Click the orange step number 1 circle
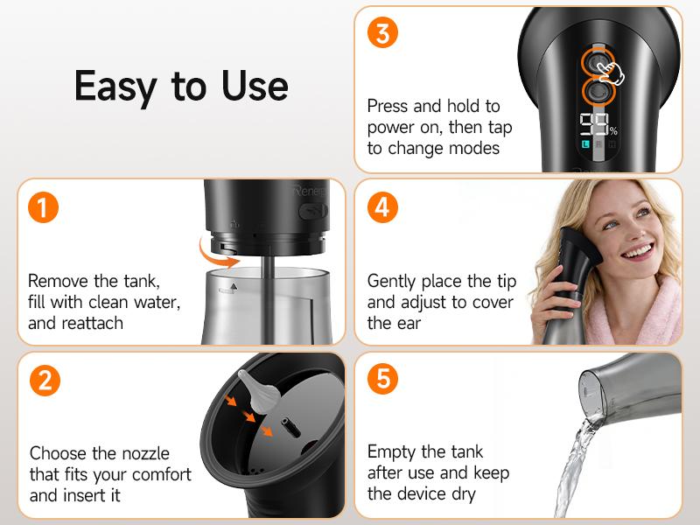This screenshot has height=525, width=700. point(44,208)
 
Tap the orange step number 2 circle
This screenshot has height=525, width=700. point(44,381)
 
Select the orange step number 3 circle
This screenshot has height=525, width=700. point(382,33)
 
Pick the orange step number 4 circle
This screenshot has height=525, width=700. point(382,208)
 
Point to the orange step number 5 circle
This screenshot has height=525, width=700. point(382,381)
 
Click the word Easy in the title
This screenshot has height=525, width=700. point(115,86)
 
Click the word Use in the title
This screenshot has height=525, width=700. point(255,86)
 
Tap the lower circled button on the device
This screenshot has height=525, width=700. point(598,93)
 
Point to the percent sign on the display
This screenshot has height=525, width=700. point(613,131)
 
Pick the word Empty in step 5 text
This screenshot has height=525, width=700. point(393,452)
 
